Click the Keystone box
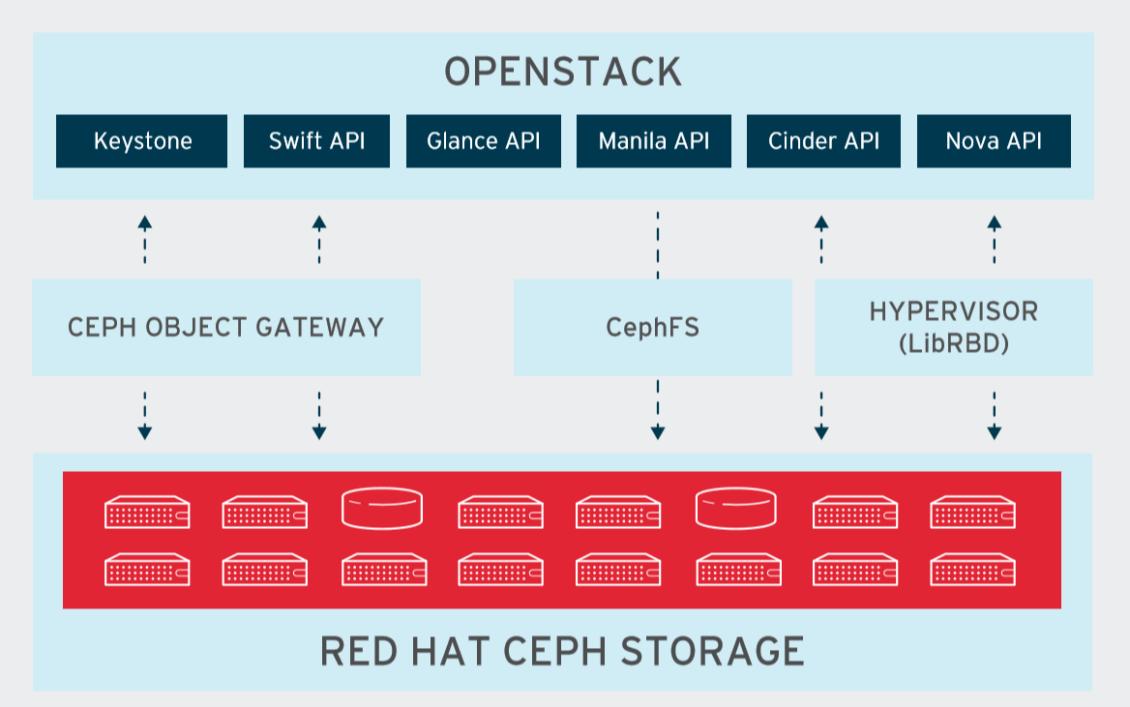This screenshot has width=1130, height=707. click(142, 141)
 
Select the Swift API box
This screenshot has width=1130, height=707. click(316, 141)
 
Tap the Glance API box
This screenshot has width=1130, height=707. click(483, 141)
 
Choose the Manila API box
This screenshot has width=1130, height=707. click(654, 141)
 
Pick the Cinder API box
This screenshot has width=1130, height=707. click(823, 141)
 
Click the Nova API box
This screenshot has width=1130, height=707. click(994, 141)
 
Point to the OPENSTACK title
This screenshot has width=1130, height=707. click(563, 73)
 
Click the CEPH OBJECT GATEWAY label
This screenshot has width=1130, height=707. click(225, 327)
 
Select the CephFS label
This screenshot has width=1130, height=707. click(652, 327)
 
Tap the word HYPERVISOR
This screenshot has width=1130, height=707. click(953, 311)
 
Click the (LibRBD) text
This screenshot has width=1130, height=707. click(953, 342)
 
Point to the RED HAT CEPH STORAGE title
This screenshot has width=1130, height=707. click(562, 651)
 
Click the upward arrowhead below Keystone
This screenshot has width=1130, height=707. click(144, 222)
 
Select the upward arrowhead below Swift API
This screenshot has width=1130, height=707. click(318, 222)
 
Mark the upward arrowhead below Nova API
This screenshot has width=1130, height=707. click(994, 222)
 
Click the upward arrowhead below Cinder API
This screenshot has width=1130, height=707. click(821, 222)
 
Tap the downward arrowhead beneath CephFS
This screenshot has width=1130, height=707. click(657, 432)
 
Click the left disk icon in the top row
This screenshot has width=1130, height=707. click(382, 509)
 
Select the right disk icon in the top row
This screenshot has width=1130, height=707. click(736, 509)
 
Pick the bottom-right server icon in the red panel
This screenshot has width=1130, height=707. click(973, 570)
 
